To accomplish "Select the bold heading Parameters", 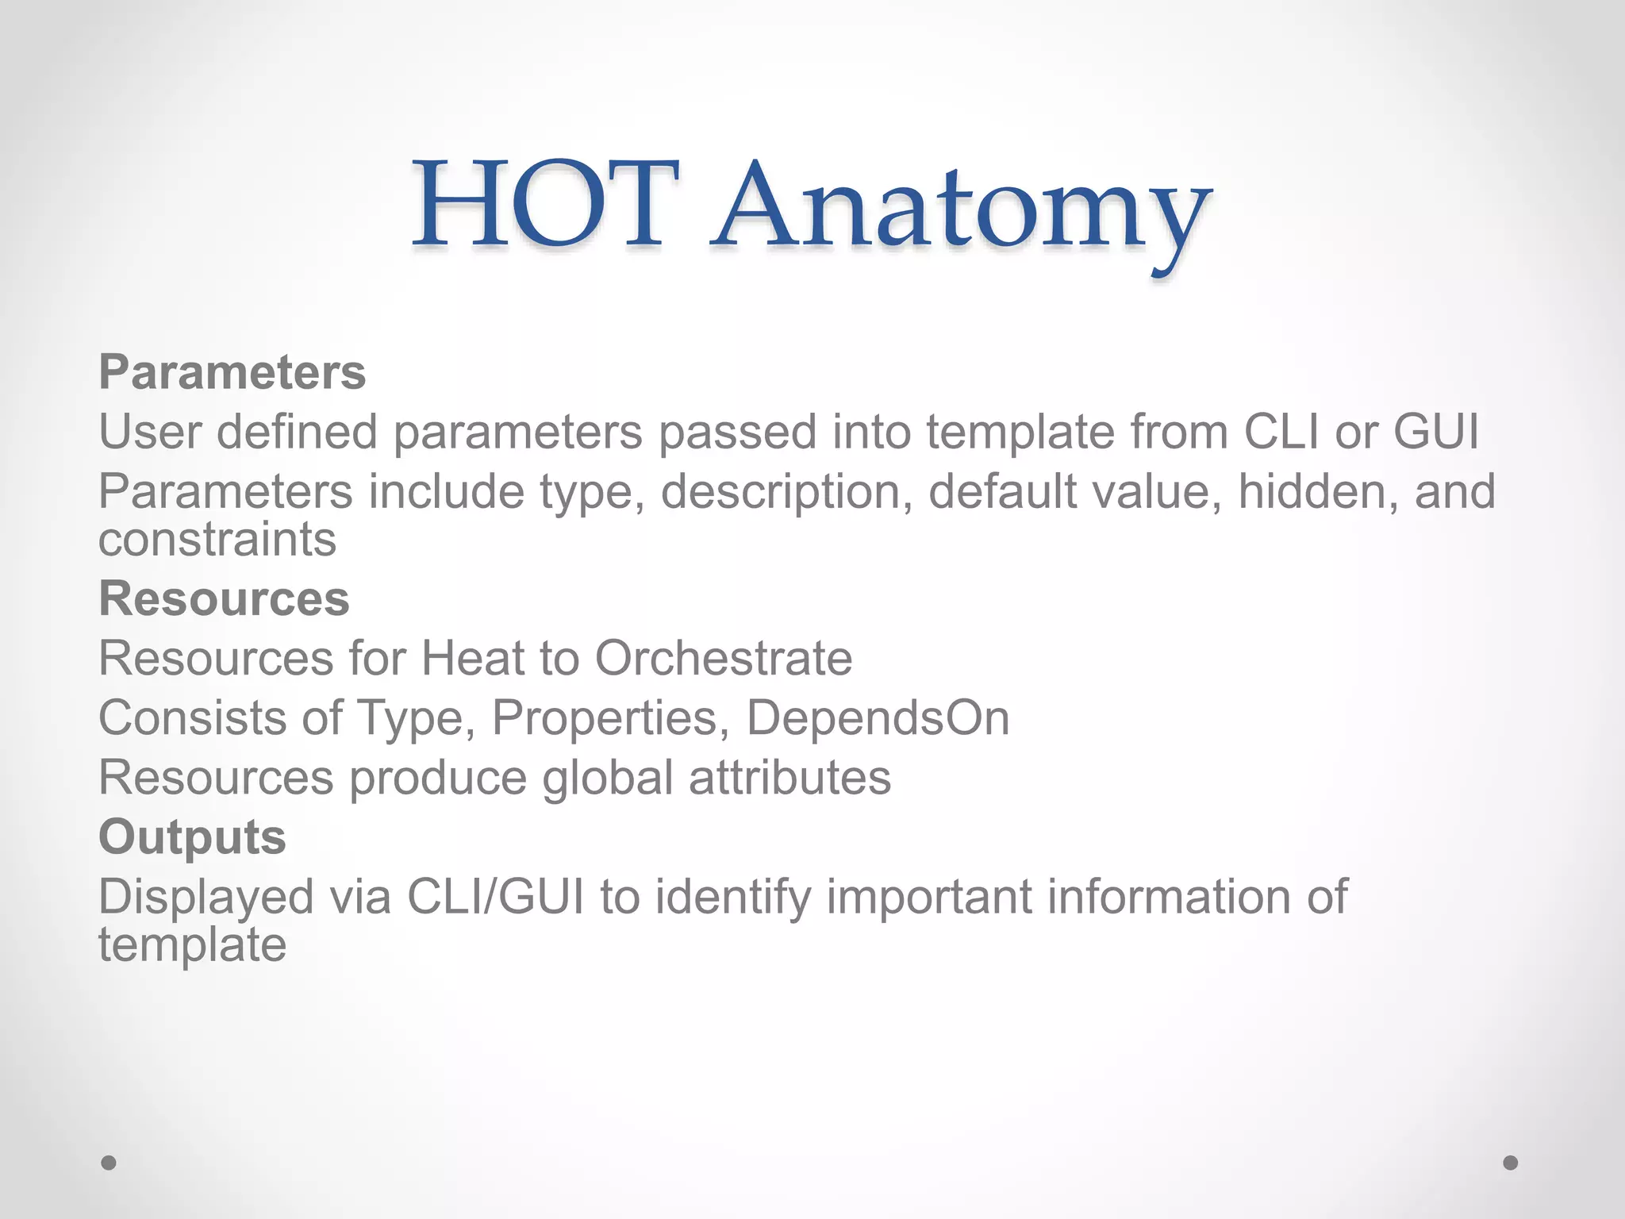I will point(232,372).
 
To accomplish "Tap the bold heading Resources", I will point(224,598).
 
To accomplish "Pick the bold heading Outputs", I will point(192,837).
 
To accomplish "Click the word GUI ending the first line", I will point(1436,433).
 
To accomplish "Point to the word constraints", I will point(217,540).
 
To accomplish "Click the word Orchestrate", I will point(724,659).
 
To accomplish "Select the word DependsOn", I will point(878,718).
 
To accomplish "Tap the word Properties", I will point(610,718).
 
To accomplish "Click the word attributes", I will point(789,778).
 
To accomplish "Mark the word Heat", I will point(471,659).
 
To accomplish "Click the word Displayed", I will point(206,898).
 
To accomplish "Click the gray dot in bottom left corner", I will point(109,1163).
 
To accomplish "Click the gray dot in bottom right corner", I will point(1511,1163).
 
